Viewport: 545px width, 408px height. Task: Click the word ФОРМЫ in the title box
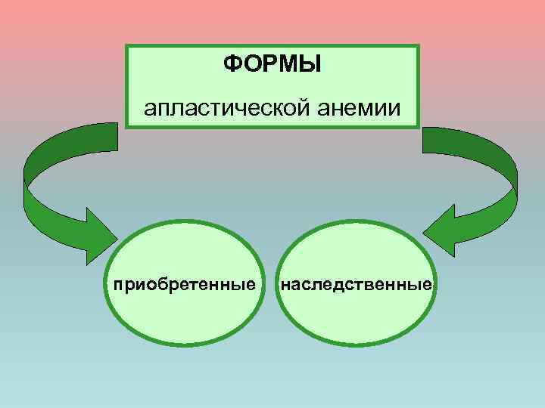[x=272, y=63]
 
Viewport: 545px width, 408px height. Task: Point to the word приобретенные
[x=183, y=286]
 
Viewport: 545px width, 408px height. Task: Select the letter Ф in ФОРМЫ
[x=232, y=63]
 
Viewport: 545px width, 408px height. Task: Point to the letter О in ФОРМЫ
[x=250, y=63]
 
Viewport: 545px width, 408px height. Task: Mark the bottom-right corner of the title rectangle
[x=418, y=128]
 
